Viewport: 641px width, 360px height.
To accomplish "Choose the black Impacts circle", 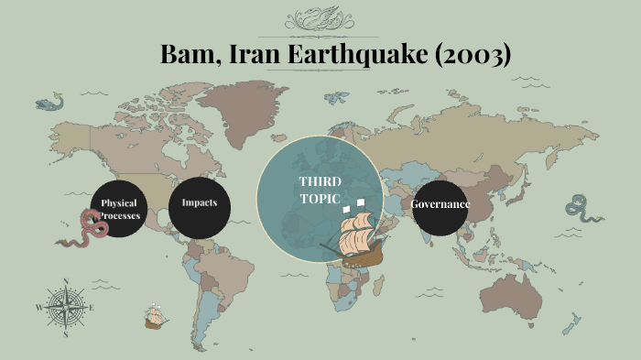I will point(200,202).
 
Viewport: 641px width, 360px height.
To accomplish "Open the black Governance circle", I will point(440,203).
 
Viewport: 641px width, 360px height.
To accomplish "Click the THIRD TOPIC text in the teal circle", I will point(320,190).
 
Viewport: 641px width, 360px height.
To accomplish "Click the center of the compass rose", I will point(65,307).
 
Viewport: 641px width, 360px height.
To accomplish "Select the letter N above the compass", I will point(65,281).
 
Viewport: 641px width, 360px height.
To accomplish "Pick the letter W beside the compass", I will point(38,308).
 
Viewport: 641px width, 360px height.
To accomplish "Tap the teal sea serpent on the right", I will point(580,213).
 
